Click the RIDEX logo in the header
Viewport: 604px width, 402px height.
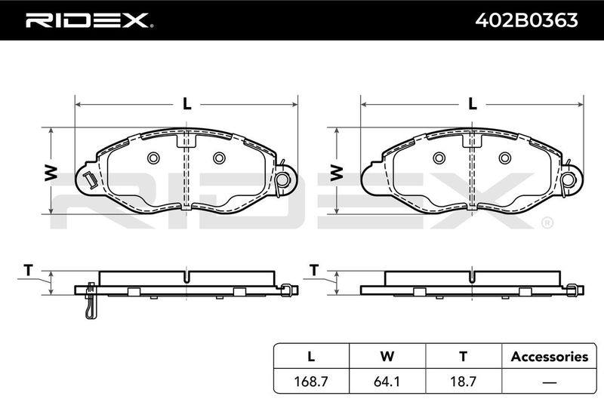coord(89,20)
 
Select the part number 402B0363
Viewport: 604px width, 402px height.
coord(526,20)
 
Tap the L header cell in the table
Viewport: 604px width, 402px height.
coord(311,356)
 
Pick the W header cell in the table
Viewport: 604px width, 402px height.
coord(387,356)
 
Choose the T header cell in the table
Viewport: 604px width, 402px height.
coord(464,356)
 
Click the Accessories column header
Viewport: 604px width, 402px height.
coord(550,357)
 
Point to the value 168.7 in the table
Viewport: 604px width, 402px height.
coord(311,381)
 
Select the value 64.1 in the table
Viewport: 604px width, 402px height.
coord(387,381)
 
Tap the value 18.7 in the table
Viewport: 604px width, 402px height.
coord(464,381)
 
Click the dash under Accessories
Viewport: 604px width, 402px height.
coord(549,382)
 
